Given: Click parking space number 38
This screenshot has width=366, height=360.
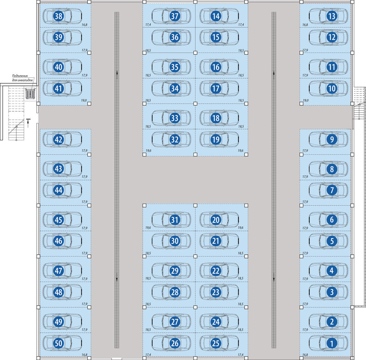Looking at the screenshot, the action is pyautogui.click(x=58, y=16).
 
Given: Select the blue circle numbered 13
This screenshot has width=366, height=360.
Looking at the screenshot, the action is pyautogui.click(x=331, y=16).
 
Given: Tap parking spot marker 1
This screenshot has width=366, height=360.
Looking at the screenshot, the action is pyautogui.click(x=331, y=343).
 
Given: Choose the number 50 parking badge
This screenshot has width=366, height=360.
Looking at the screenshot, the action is pyautogui.click(x=58, y=343).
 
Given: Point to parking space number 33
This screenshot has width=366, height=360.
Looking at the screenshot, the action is pyautogui.click(x=175, y=118).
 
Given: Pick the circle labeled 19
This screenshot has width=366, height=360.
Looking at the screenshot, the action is pyautogui.click(x=216, y=139).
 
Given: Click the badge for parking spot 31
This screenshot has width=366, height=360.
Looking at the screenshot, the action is pyautogui.click(x=175, y=220).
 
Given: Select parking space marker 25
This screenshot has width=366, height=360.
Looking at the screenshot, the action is pyautogui.click(x=216, y=343).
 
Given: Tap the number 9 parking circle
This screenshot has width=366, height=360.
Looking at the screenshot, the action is pyautogui.click(x=331, y=139).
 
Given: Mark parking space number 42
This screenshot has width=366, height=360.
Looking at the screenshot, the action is pyautogui.click(x=58, y=139).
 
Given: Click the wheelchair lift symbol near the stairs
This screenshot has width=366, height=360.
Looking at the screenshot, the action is pyautogui.click(x=30, y=93).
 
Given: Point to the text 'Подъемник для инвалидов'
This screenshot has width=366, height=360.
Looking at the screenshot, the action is pyautogui.click(x=22, y=78).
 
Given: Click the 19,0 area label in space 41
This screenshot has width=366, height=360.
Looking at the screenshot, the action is pyautogui.click(x=84, y=100).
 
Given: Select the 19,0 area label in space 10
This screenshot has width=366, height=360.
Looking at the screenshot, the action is pyautogui.click(x=306, y=100).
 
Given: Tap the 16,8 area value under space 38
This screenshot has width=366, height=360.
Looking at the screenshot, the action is pyautogui.click(x=84, y=24).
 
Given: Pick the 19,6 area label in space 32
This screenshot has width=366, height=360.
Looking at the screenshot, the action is pyautogui.click(x=148, y=151).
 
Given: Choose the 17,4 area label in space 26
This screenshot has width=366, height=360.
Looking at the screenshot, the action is pyautogui.click(x=148, y=355).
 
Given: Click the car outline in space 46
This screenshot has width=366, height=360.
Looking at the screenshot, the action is pyautogui.click(x=62, y=241).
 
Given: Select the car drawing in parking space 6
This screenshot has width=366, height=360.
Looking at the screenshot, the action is pyautogui.click(x=328, y=220).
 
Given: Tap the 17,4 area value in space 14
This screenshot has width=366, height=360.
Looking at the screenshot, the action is pyautogui.click(x=241, y=24).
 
